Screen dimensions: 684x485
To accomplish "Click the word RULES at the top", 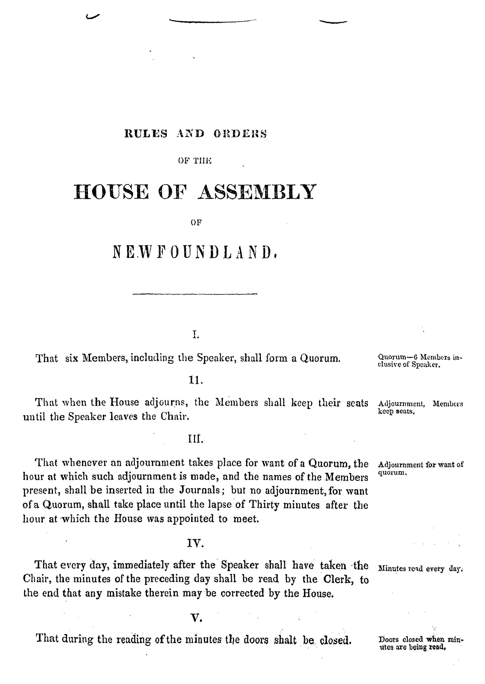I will pos(146,133).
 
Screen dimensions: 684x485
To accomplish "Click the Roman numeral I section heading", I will pos(196,335).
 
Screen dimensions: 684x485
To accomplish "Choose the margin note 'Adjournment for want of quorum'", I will pos(421,469).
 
